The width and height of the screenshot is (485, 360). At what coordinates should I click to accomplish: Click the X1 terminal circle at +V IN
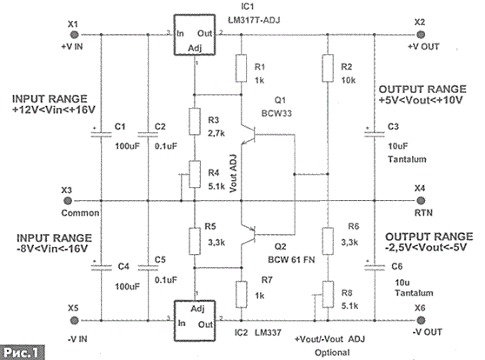point(74,35)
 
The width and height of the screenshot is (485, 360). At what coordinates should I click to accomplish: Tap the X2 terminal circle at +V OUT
point(421,35)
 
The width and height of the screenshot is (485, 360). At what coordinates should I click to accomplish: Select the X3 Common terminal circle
point(68,201)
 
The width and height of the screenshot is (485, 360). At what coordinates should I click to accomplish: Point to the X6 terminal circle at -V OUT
point(421,320)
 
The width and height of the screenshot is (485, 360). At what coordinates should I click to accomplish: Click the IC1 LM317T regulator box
point(194,35)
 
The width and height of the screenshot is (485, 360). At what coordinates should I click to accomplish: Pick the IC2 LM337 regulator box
point(194,321)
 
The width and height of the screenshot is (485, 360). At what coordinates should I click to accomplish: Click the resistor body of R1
point(242,68)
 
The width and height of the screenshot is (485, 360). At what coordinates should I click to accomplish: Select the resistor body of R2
point(328,68)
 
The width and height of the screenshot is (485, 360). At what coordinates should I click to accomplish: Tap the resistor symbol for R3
point(195,122)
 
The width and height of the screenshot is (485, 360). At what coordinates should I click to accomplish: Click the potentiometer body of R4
point(195,174)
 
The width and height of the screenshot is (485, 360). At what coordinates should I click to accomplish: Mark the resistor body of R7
point(242,294)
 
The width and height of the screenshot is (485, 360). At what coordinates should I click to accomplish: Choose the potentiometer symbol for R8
point(328,294)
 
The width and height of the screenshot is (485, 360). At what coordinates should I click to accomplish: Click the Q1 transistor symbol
point(249,135)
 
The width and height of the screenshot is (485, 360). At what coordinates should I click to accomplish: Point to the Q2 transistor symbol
point(249,236)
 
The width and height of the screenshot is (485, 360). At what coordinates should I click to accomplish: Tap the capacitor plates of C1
point(101,134)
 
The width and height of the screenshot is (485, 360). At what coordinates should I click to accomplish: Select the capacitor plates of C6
point(375,267)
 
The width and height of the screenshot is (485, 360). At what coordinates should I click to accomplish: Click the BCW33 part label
point(276,113)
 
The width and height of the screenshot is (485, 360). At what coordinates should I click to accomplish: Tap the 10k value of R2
point(349,81)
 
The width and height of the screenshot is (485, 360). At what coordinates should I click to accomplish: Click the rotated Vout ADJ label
point(233,173)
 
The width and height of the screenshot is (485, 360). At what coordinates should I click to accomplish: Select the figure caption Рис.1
point(22,352)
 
